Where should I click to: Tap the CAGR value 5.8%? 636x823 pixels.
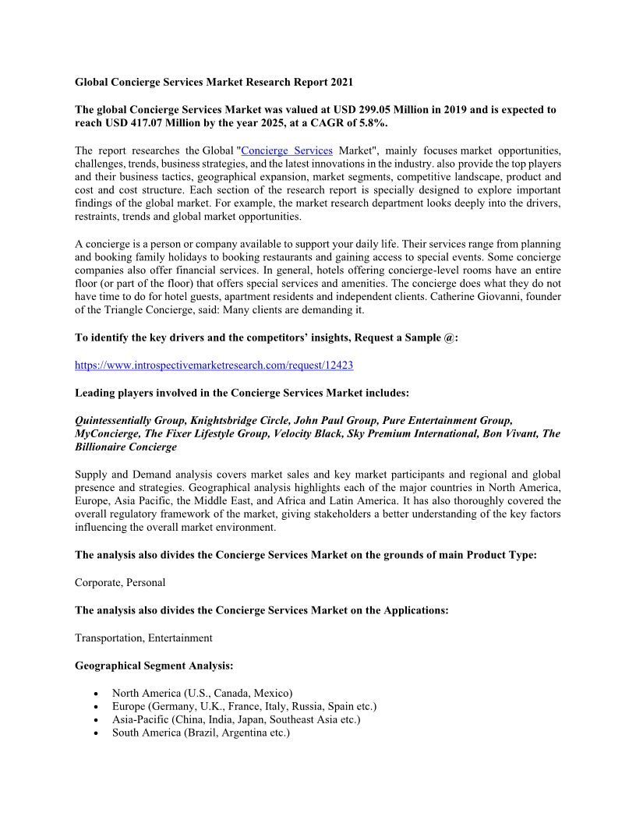click(371, 123)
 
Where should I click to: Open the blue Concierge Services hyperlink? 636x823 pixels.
click(288, 150)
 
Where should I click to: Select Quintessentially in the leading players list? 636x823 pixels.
click(114, 420)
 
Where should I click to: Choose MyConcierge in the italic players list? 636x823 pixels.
click(108, 433)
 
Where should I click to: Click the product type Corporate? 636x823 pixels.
click(97, 582)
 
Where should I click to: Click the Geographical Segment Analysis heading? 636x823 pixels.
click(154, 666)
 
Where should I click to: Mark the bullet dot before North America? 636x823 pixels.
click(95, 693)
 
